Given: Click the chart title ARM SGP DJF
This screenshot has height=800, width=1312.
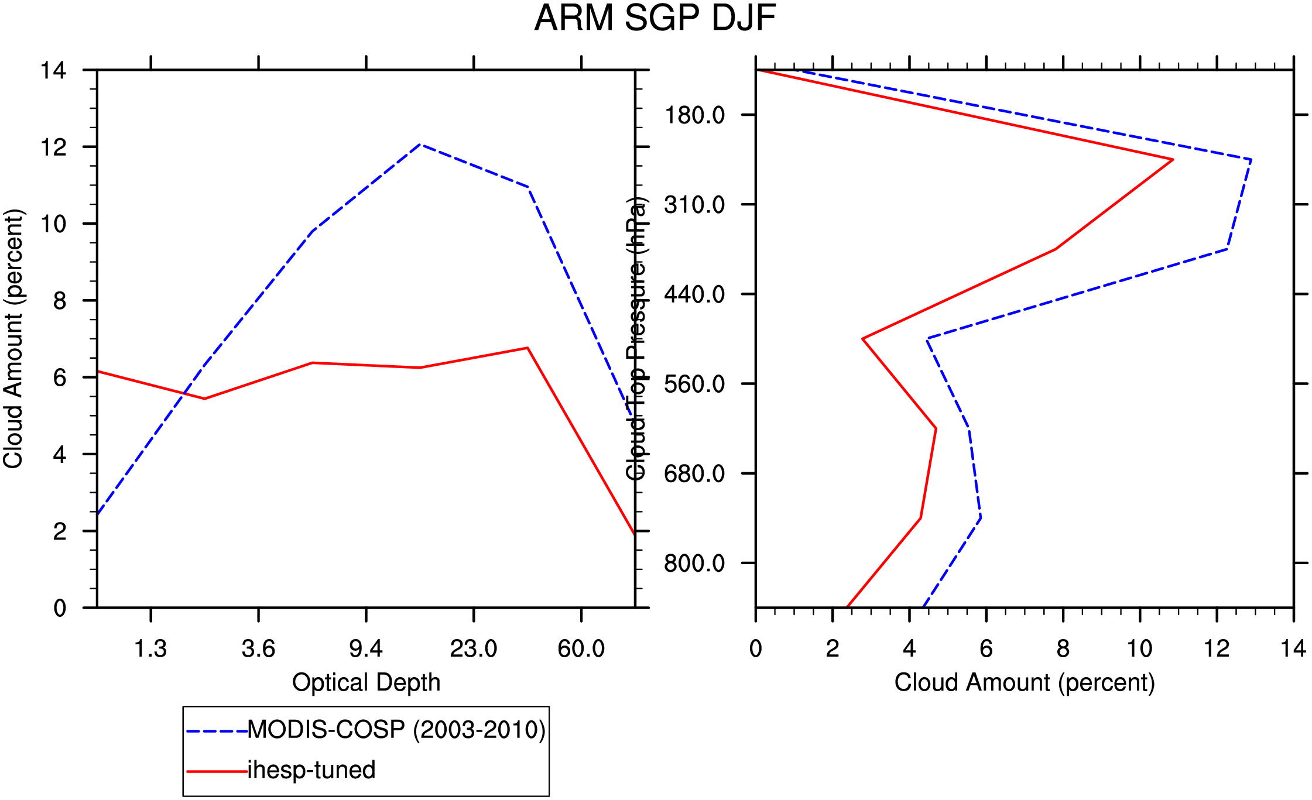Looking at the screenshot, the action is click(x=655, y=18).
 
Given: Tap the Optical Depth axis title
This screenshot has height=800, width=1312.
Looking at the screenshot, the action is click(x=366, y=682).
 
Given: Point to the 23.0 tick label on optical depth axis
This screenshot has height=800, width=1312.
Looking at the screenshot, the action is click(x=474, y=649).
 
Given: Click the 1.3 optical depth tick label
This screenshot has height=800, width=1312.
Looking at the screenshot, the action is click(x=150, y=649).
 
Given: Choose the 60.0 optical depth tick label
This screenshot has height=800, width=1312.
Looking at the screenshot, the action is click(x=581, y=649).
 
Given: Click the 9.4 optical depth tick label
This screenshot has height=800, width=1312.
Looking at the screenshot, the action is click(x=366, y=649).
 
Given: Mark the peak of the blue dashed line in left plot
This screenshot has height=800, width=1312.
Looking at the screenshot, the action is click(x=420, y=144).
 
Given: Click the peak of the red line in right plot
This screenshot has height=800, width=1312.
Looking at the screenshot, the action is click(x=1173, y=159).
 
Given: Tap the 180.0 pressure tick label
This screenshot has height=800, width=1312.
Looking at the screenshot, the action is click(x=694, y=115).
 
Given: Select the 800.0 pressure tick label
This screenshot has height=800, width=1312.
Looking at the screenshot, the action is click(x=694, y=564).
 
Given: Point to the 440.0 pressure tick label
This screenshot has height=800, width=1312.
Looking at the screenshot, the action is click(x=694, y=294).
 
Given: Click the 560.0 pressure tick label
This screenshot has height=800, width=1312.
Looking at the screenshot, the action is click(x=694, y=384).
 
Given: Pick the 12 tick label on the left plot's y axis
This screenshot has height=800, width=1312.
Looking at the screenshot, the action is click(x=53, y=147).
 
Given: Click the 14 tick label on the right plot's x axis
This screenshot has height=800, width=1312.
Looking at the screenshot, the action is click(x=1293, y=649).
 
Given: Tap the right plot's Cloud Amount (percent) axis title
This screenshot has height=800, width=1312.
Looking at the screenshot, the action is click(x=1025, y=682).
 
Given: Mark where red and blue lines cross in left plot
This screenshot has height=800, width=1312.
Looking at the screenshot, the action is click(x=184, y=393).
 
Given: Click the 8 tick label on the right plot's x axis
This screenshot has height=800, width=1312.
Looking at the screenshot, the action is click(x=1063, y=649).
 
